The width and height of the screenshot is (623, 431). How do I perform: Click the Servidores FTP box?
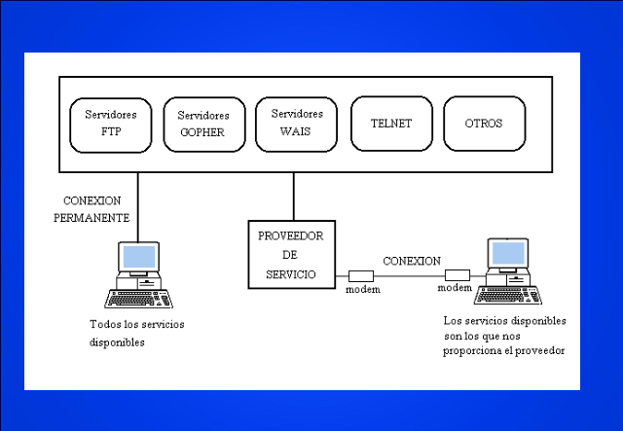coord(111,123)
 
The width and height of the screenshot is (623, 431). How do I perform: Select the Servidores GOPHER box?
coord(202,124)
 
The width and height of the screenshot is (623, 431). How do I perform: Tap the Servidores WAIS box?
coord(295,123)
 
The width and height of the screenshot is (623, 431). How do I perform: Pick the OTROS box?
coord(484,124)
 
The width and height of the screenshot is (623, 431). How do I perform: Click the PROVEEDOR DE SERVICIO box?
coord(291,255)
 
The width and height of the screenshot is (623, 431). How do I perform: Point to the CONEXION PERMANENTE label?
coord(95,209)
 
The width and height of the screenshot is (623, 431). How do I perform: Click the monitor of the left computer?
coord(138,258)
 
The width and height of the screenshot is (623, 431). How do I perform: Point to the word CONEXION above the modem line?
coord(411,262)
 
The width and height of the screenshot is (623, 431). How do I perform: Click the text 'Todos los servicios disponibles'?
coord(135,333)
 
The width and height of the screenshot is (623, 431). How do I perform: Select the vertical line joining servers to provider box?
coord(293,198)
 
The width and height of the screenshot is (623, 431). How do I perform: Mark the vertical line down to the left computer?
coord(137,204)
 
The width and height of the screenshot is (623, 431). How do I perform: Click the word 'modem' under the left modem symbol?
coord(362,291)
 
